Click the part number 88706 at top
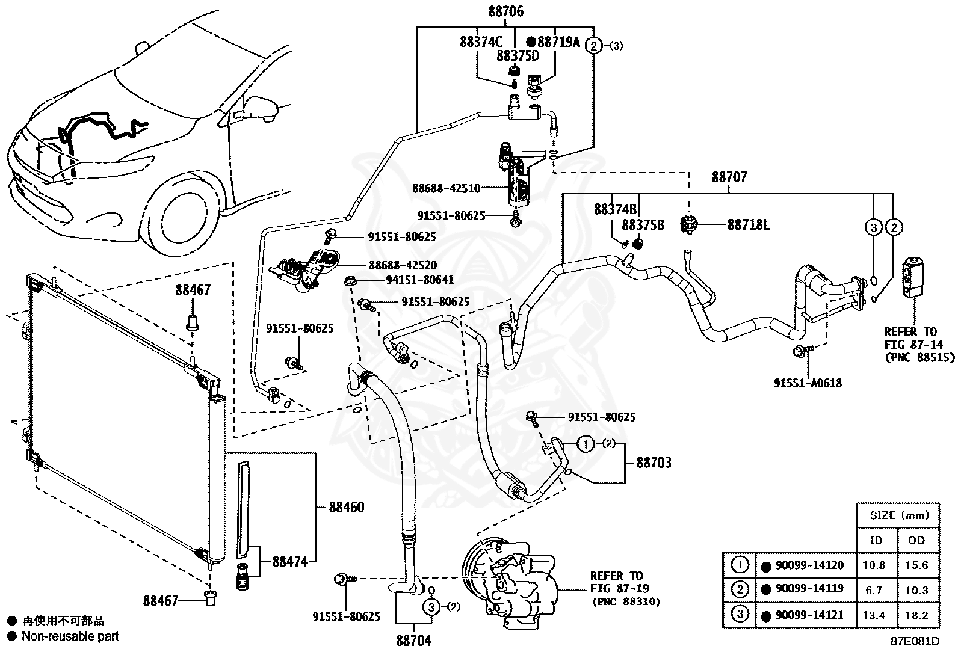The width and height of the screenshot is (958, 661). point(505,11)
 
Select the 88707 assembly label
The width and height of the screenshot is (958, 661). point(729,177)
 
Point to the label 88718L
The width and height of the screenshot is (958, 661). point(749,224)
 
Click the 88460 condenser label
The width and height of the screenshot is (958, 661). point(347,507)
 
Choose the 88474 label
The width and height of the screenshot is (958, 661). point(290,561)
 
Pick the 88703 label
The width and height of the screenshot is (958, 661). point(654,462)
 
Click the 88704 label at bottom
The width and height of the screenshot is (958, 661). point(413,641)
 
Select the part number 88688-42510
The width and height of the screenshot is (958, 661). point(447,188)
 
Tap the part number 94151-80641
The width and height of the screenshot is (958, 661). point(420,280)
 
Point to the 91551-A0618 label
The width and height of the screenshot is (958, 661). point(808,383)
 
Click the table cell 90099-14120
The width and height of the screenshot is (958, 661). point(809,565)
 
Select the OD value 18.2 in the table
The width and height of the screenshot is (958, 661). point(916,615)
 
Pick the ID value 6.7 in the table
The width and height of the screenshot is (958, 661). point(873,591)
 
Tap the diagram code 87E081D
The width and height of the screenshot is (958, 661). point(915,641)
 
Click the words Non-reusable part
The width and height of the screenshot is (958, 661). point(70,636)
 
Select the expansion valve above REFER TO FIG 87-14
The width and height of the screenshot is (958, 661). point(913,277)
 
